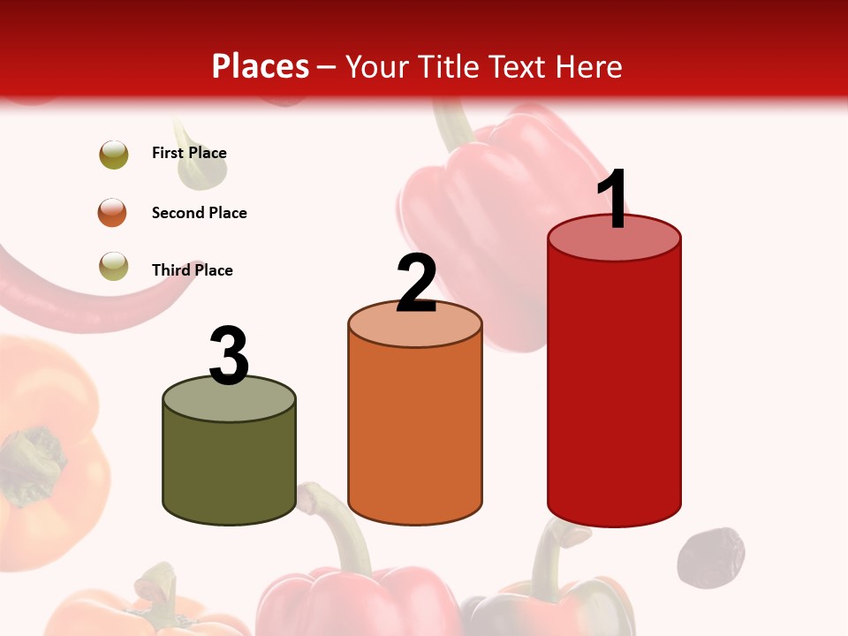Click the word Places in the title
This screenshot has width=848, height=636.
coord(260,66)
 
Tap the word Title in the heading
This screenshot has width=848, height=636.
coord(447,66)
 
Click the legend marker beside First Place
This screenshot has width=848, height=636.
coord(114,155)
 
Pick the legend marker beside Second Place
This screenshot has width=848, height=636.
coord(113,213)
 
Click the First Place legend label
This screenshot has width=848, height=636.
coord(189,153)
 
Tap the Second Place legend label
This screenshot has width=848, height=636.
coord(199,213)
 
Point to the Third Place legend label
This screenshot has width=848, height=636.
coord(192,270)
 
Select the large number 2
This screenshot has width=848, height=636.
coord(416,284)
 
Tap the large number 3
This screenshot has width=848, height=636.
coord(229,356)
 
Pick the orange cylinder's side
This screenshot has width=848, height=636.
coord(415,433)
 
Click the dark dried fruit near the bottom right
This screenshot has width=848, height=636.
coord(710,557)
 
